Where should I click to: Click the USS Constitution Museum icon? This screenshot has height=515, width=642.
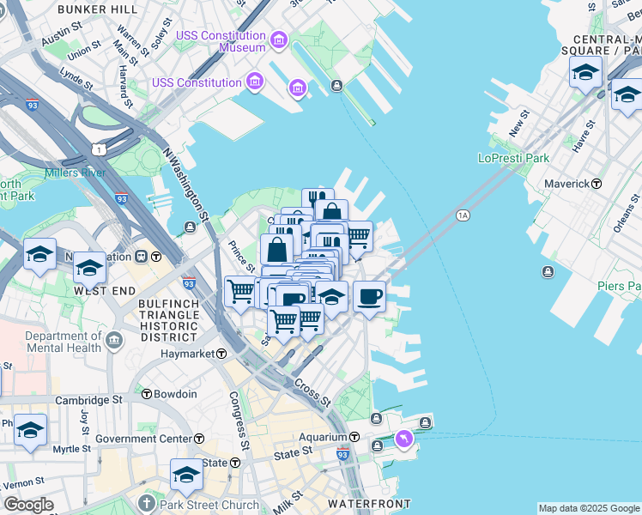pos(278,40)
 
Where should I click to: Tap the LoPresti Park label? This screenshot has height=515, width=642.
pos(513,158)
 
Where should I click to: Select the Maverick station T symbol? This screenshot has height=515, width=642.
pos(597,184)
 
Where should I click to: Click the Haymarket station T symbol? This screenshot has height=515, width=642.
pos(221,354)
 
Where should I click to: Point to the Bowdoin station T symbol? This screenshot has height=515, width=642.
pos(146,395)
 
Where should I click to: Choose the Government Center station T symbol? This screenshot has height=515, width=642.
pos(199,439)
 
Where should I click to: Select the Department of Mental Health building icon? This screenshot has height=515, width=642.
pos(113,342)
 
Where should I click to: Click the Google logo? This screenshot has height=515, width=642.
pos(28,505)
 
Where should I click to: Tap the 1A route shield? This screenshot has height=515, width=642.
pos(463,215)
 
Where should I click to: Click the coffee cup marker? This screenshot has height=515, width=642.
pos(369,297)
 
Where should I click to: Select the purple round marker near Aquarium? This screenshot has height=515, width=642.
pos(403,439)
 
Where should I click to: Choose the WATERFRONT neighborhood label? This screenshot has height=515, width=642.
pos(374,504)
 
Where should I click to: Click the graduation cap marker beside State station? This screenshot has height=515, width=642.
pos(186,474)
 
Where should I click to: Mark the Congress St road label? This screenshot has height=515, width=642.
pos(239,421)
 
